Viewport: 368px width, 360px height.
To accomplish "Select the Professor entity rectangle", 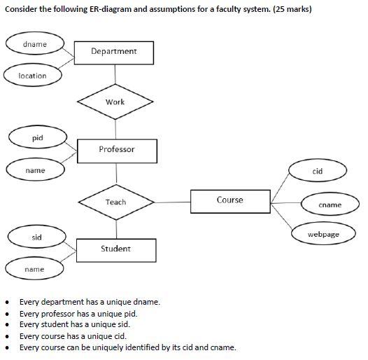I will [x=117, y=150].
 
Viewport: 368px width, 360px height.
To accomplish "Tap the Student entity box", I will [x=116, y=249].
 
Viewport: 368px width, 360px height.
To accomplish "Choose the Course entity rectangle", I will [x=229, y=201].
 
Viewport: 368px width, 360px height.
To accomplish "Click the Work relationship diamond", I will [x=115, y=102].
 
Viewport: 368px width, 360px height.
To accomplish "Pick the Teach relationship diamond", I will [x=116, y=202].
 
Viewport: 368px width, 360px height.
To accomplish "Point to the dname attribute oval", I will [x=35, y=44].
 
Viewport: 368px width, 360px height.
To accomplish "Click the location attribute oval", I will [x=32, y=76].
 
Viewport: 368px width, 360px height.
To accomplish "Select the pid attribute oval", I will [x=38, y=138].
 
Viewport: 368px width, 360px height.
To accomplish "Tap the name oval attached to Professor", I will [x=35, y=170].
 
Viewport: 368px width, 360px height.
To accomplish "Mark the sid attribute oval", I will [x=37, y=237].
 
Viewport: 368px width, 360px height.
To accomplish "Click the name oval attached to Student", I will [x=34, y=269].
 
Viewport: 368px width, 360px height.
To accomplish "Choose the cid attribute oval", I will [x=317, y=172].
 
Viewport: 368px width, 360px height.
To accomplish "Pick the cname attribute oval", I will [x=330, y=205].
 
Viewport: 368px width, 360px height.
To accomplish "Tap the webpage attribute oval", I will [x=323, y=234].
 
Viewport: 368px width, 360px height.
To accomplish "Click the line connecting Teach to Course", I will [x=171, y=202].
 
